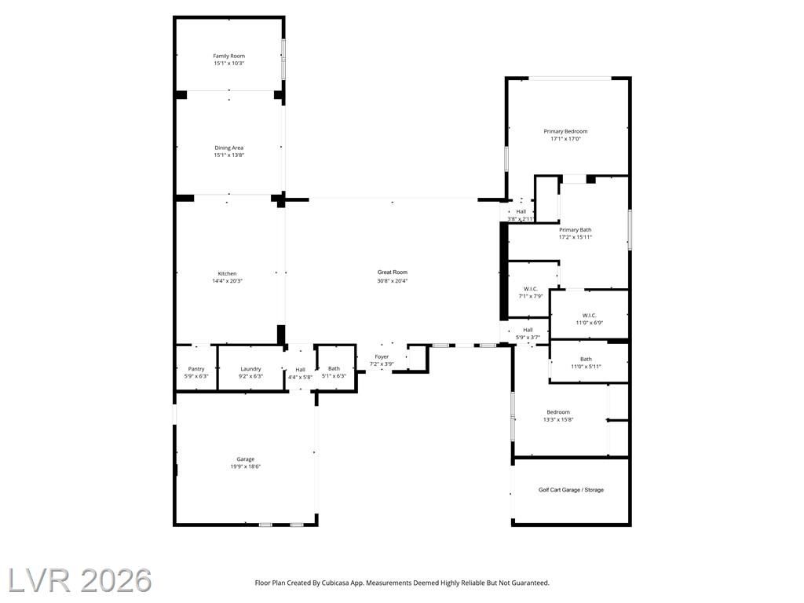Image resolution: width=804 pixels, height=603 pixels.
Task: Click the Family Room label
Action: tap(229, 56)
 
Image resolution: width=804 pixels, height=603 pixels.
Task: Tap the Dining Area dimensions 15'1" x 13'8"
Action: tap(229, 155)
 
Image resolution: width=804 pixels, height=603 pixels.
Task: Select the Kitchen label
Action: tap(227, 274)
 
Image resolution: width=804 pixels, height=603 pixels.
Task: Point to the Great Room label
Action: tap(393, 272)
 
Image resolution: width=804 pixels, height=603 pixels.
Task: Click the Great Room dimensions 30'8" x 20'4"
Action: tap(393, 280)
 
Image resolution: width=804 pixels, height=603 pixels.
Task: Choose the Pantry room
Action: tap(196, 368)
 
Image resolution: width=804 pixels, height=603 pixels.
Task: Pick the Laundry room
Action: tap(250, 368)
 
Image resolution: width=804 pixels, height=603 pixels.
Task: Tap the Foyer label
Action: tap(382, 356)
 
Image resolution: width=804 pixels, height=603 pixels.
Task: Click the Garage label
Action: tap(246, 459)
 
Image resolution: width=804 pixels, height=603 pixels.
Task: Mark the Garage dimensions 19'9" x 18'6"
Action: tap(246, 466)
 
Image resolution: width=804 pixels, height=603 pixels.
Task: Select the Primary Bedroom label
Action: tap(565, 131)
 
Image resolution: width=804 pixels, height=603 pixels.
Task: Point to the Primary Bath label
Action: tap(576, 230)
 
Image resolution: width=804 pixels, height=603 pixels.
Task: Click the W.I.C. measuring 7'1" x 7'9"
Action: tap(531, 289)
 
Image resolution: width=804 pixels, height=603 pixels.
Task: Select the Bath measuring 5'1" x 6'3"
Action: tap(334, 368)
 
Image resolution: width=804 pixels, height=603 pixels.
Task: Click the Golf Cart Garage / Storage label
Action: tap(572, 490)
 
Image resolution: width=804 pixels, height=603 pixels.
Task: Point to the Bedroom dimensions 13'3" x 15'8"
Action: tap(558, 419)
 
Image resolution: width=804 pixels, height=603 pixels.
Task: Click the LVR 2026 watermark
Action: tap(80, 580)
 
